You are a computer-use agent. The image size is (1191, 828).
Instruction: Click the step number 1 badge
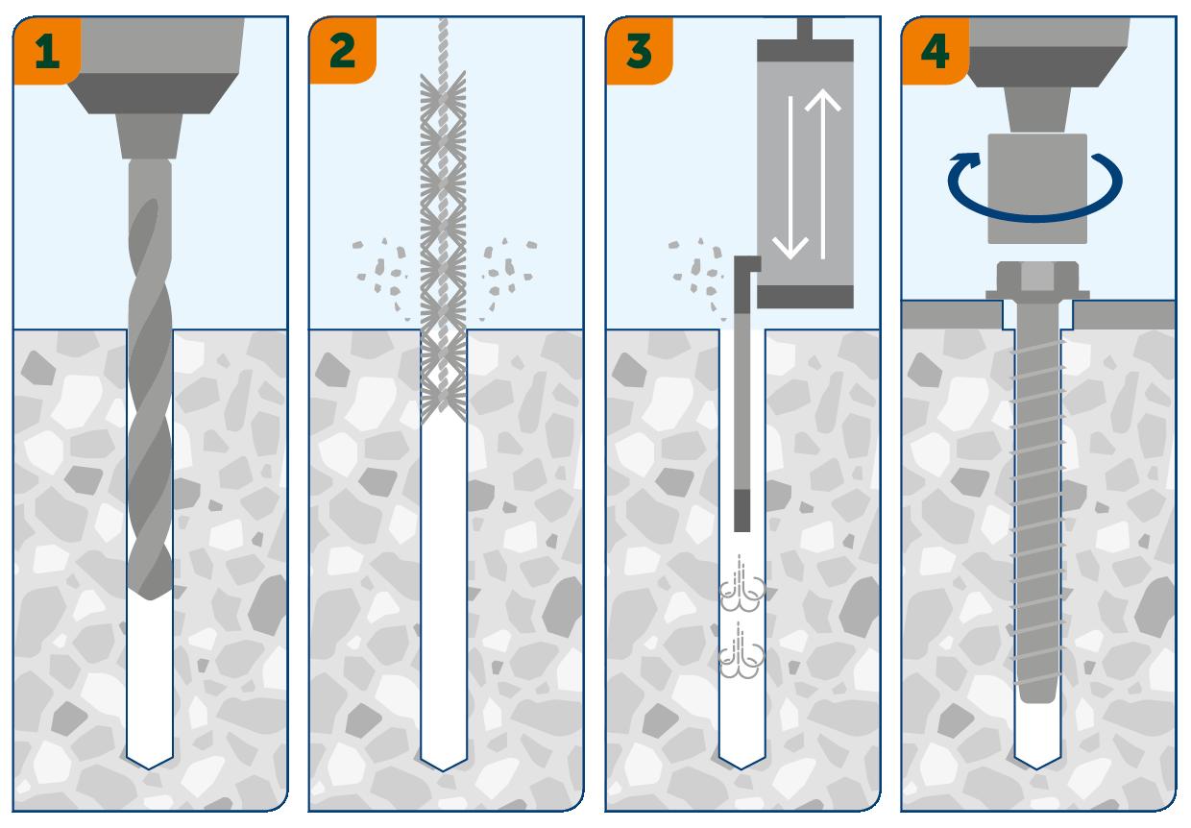click(x=45, y=50)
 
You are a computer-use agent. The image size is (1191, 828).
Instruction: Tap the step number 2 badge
click(x=341, y=50)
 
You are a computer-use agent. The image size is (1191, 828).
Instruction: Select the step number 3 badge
click(x=638, y=50)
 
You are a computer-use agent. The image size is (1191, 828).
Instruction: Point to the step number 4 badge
click(x=935, y=50)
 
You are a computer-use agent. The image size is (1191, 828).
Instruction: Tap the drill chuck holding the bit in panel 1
click(x=150, y=134)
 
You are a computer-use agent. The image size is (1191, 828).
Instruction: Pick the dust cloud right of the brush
click(x=505, y=268)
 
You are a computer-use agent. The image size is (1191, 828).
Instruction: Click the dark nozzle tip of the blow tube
click(x=741, y=510)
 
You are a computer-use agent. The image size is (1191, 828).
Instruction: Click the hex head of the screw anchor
click(x=1037, y=280)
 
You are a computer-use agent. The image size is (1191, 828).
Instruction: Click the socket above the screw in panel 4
click(x=1037, y=187)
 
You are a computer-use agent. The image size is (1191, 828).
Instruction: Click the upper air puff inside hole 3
click(x=742, y=588)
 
